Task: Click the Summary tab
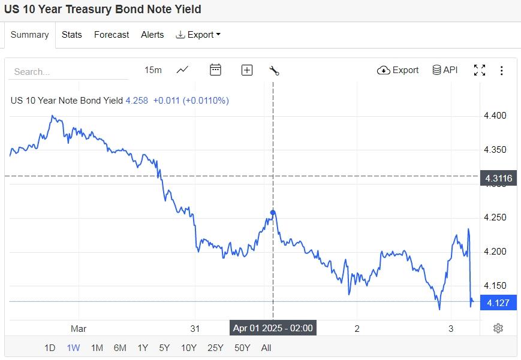coord(29,35)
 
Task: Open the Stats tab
coord(72,35)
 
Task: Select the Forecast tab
coord(112,35)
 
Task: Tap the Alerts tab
coord(152,35)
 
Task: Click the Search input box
coord(68,71)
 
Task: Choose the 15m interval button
coord(153,70)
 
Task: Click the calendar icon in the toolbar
coord(215,70)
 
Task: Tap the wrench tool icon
coord(275,70)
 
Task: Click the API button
coord(445,70)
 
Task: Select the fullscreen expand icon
coord(480,70)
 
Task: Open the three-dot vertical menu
coord(502,70)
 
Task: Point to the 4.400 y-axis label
coord(495,116)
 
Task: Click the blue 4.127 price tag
coord(498,303)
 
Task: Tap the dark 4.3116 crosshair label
coord(498,178)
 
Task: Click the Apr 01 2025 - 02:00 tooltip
coord(273,328)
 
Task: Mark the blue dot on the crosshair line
coord(273,213)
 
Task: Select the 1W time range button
coord(73,347)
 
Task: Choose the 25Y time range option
coord(215,347)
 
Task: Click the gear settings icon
coord(498,328)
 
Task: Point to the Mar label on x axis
coord(79,328)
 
